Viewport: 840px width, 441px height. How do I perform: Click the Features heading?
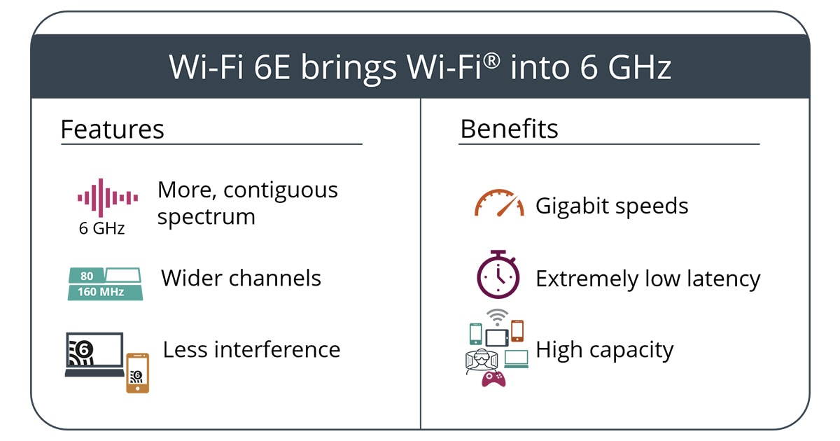(112, 129)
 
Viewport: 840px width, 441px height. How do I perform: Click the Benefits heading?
(509, 129)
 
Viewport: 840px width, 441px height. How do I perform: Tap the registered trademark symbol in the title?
(491, 61)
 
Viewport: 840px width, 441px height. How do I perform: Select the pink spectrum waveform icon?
(108, 197)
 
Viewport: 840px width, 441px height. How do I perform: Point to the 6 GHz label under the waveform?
(101, 228)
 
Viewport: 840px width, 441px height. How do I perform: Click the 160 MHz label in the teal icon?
(101, 292)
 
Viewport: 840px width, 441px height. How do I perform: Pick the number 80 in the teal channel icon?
(87, 276)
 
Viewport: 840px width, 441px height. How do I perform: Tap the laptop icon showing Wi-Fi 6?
(94, 354)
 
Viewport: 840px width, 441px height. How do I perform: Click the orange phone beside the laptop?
(138, 372)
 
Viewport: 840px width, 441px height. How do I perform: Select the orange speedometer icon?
(499, 203)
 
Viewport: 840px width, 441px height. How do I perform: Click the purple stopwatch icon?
(498, 274)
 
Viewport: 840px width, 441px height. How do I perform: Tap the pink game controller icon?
(493, 379)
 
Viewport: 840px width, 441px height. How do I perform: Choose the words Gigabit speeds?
(612, 206)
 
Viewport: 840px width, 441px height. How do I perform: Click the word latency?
(724, 279)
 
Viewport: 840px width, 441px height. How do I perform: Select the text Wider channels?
(241, 279)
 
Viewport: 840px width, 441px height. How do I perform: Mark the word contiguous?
(281, 191)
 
